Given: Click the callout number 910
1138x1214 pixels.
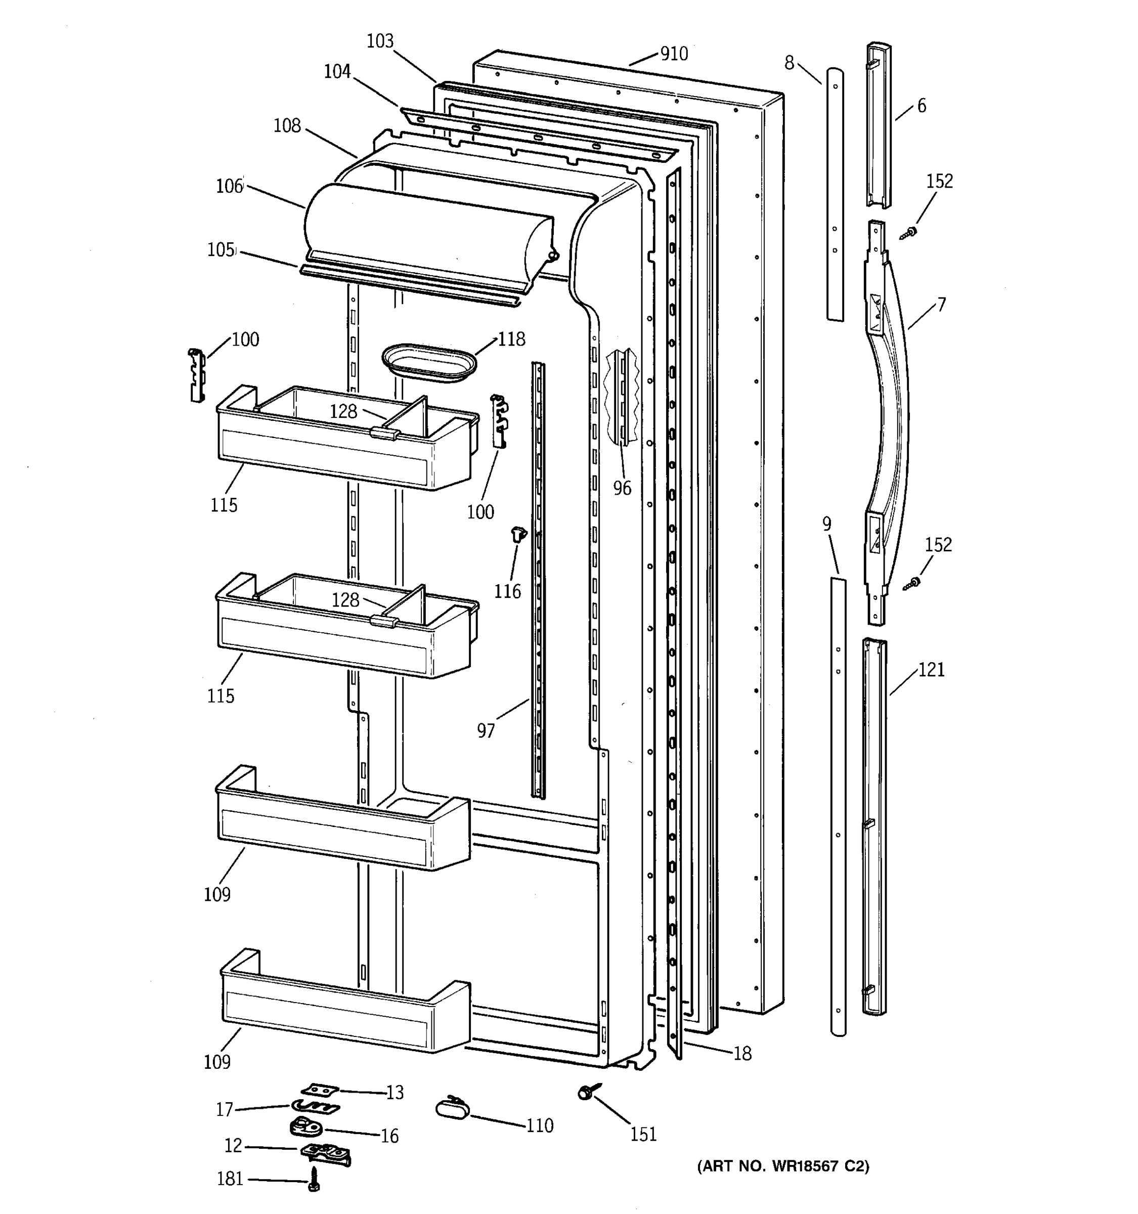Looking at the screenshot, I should (x=674, y=54).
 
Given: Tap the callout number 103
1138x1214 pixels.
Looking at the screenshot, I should (x=380, y=41).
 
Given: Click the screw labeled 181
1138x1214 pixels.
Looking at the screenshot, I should (x=314, y=1179).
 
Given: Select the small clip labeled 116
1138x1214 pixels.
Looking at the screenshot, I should (x=518, y=534).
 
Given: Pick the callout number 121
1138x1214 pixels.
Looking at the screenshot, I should (x=931, y=670).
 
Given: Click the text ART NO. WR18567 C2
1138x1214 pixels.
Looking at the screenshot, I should (x=782, y=1166).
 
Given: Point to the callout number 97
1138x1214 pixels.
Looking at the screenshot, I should (x=486, y=730).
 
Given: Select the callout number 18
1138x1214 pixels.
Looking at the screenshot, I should (x=742, y=1053).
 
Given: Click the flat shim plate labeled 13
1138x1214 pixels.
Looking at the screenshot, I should (x=320, y=1090).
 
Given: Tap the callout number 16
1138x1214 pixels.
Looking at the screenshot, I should (x=389, y=1135).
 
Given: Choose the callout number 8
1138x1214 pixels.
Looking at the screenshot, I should (x=790, y=63).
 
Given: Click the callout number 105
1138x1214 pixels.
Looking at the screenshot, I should (x=221, y=250).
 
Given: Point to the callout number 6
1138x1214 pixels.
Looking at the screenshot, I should (x=921, y=106).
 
